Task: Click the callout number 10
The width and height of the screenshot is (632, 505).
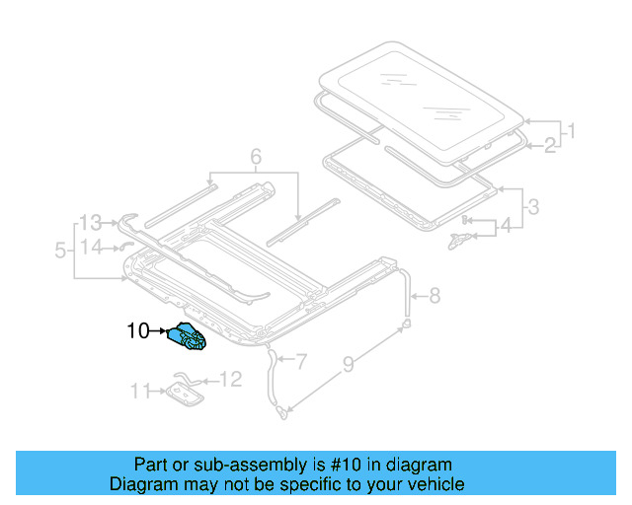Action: tap(136, 332)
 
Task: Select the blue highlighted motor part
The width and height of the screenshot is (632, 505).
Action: tap(190, 338)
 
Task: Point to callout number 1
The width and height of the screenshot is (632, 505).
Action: tap(570, 130)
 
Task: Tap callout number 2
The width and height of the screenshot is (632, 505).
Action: tap(548, 146)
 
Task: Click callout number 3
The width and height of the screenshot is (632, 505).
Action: tap(532, 207)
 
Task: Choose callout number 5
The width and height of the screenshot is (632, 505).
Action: tap(61, 252)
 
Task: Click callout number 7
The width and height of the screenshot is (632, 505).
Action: tap(301, 362)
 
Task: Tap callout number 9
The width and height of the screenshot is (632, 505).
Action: tap(348, 367)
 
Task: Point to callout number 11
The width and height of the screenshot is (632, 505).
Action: tap(138, 392)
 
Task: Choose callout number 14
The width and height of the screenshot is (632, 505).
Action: tap(91, 247)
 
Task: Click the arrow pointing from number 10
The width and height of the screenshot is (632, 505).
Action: tap(162, 332)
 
